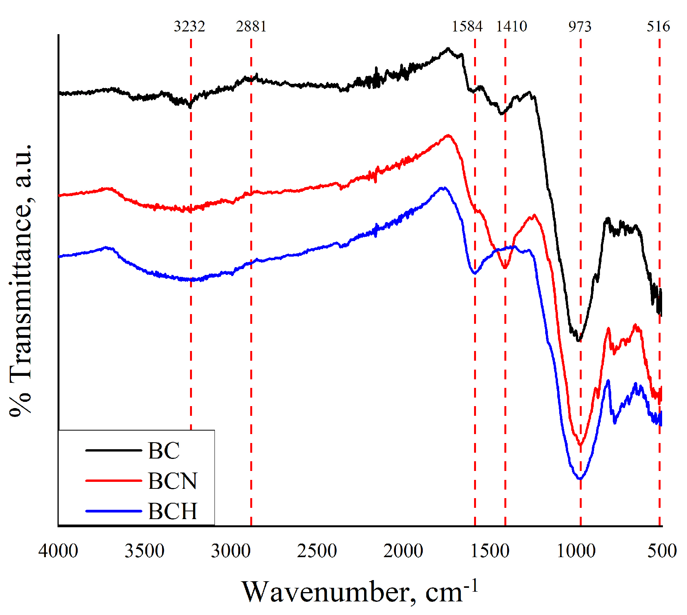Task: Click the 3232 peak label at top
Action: pos(189,26)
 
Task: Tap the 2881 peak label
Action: pos(251,26)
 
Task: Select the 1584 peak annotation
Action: pos(467,26)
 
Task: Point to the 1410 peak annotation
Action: pos(511,26)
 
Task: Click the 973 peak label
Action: pos(580,26)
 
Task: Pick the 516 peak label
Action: pos(658,26)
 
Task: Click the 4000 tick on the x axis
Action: pos(58,551)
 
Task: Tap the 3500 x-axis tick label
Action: pos(145,551)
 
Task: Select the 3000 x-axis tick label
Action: pos(231,551)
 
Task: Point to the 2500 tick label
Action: pos(317,551)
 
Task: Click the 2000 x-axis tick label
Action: pos(403,551)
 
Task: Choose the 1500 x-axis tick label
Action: pos(490,551)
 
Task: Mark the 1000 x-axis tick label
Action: pos(576,551)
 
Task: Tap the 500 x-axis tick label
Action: pos(662,551)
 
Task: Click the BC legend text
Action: pos(164,451)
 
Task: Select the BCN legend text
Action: pos(173,481)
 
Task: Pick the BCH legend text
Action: pos(173,511)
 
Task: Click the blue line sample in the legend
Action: pos(113,511)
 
